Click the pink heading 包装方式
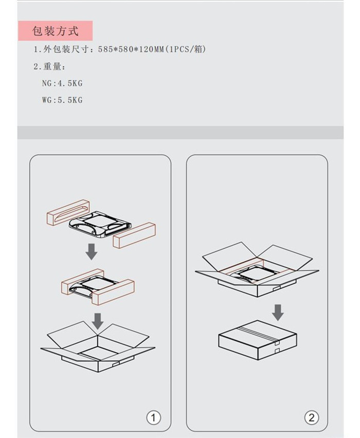55,31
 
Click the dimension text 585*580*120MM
131,49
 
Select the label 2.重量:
49,66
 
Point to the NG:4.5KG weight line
62,83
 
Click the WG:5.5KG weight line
62,100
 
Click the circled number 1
153,418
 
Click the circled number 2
311,417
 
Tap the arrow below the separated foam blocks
92,251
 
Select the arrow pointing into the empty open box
98,321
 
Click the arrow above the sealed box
278,313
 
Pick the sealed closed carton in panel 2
258,340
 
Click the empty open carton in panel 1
98,346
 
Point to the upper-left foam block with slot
68,212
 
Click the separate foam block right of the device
134,235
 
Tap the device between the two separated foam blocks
100,223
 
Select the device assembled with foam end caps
98,287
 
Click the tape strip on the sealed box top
258,332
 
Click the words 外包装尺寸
65,49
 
